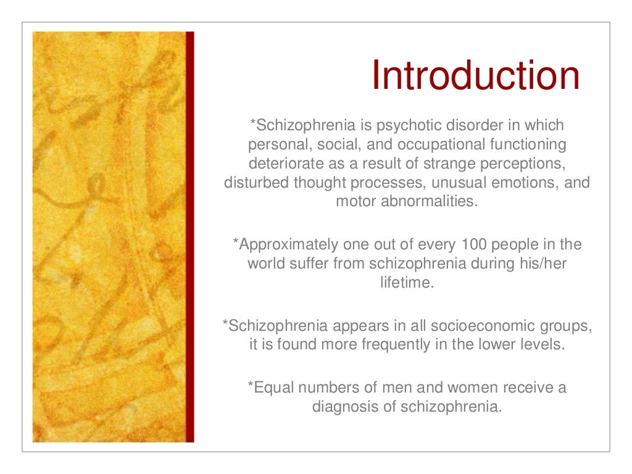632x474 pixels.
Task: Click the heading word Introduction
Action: pos(475,76)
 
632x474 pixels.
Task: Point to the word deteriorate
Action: pos(283,164)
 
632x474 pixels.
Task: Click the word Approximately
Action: pos(281,244)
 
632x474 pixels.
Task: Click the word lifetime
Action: pos(407,283)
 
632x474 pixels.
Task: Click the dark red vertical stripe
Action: pos(189,237)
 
